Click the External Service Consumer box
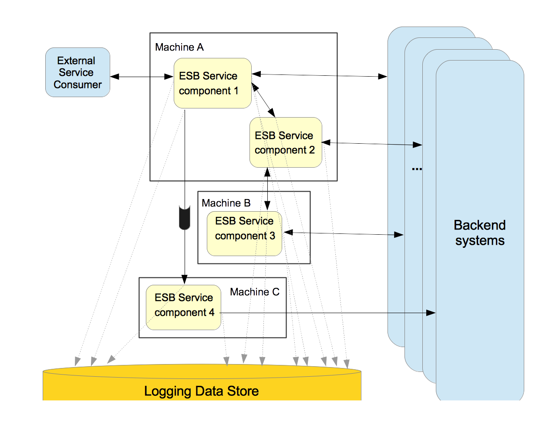[x=78, y=72]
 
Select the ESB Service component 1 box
[x=212, y=83]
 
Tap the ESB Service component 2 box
[x=286, y=142]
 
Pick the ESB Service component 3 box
[x=244, y=234]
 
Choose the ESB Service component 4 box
[x=183, y=307]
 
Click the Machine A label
[x=179, y=47]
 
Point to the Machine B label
[x=226, y=203]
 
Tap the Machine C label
[x=255, y=292]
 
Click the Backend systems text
[x=480, y=233]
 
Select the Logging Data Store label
[x=201, y=391]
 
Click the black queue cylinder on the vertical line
[x=185, y=218]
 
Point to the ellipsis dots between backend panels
[x=417, y=169]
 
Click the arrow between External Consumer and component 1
[x=142, y=77]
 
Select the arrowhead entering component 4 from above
[x=185, y=280]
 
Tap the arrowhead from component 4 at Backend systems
[x=431, y=313]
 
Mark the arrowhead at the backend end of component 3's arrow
[x=398, y=235]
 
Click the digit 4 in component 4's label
[x=212, y=312]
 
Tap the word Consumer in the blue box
[x=78, y=84]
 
